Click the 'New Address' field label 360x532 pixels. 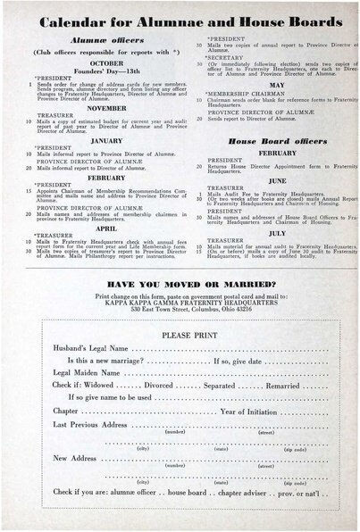76,458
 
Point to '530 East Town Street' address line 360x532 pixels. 180,306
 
